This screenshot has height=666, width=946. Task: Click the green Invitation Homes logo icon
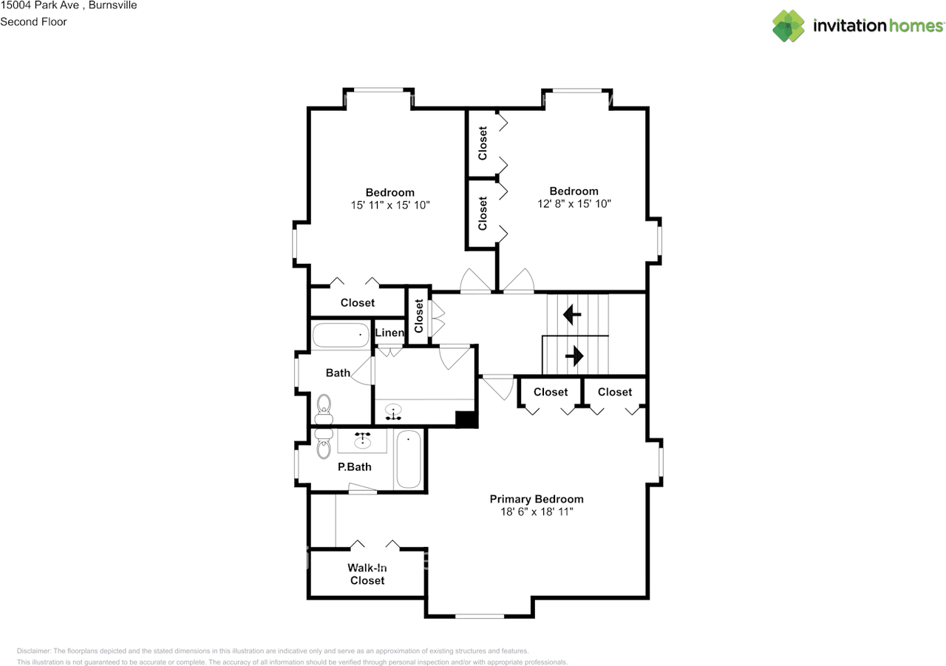789,26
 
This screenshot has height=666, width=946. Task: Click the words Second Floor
33,21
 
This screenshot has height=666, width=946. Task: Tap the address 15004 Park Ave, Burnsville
68,5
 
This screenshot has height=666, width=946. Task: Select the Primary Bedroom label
537,499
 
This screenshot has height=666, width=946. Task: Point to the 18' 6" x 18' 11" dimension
537,512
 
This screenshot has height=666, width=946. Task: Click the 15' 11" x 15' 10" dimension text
390,205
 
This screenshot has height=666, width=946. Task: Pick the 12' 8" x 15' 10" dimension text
574,203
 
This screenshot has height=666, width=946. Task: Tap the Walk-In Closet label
367,574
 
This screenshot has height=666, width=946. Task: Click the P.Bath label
354,466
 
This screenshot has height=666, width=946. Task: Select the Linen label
389,333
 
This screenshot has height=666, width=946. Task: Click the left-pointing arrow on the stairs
571,316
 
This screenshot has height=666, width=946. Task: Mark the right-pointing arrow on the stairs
574,357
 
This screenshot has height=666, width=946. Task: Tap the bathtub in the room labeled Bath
340,336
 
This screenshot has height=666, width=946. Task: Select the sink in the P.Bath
362,441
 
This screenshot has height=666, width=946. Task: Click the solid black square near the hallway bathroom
466,419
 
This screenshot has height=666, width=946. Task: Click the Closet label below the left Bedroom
357,302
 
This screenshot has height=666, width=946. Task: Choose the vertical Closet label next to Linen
419,316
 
